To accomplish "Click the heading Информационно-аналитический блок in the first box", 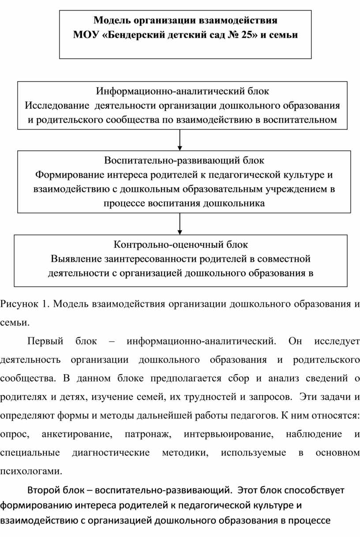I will pyautogui.click(x=182, y=92).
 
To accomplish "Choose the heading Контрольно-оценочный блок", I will pyautogui.click(x=181, y=244).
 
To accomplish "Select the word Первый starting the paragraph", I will pyautogui.click(x=45, y=341).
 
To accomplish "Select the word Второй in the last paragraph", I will pyautogui.click(x=43, y=489).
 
